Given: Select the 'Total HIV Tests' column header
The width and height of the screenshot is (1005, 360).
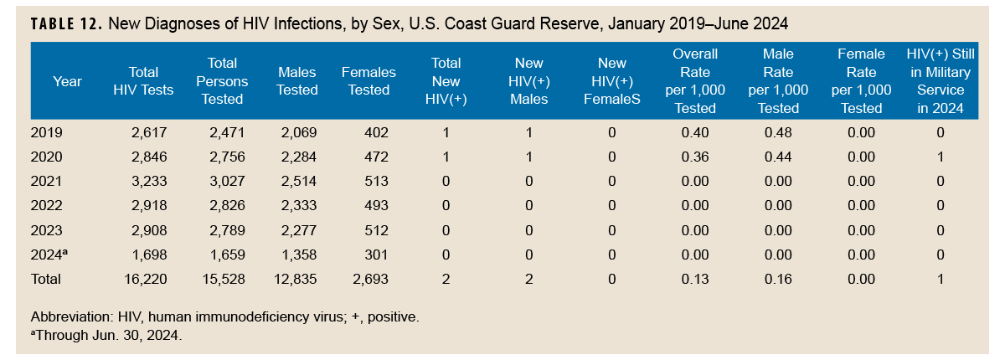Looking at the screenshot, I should coord(143,81).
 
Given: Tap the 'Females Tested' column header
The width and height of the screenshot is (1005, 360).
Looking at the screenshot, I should coord(368,81).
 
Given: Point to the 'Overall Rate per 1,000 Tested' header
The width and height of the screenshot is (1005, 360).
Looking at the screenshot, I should coord(695,81).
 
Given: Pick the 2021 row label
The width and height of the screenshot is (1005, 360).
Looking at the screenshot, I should coord(46,181).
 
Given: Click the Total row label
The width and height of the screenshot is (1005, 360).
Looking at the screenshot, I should coord(46,278).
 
